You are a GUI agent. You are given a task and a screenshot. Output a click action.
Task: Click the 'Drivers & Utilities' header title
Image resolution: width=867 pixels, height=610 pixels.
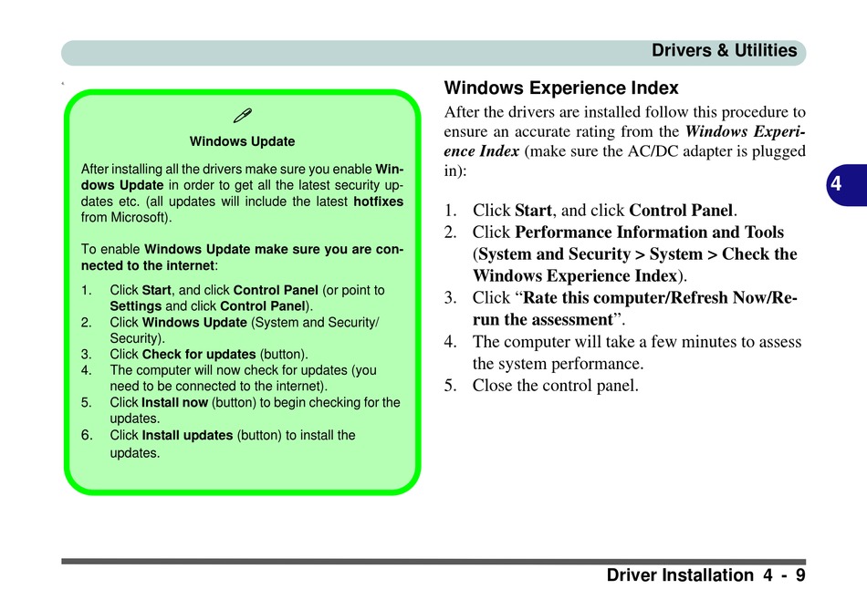[x=724, y=51]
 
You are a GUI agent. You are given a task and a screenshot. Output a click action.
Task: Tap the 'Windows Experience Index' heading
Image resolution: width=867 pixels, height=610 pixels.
[x=561, y=88]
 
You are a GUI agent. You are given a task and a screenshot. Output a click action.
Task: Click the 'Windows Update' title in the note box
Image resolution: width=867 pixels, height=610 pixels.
[x=242, y=141]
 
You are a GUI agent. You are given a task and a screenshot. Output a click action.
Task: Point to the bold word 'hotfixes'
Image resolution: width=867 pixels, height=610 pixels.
[x=378, y=202]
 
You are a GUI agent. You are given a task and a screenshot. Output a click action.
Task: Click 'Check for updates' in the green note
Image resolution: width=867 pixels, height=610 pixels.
[x=199, y=354]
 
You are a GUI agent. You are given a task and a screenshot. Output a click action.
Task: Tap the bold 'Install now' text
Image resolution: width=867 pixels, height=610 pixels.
[x=175, y=402]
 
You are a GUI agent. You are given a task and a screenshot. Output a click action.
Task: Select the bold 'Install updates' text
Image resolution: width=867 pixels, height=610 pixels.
[x=187, y=435]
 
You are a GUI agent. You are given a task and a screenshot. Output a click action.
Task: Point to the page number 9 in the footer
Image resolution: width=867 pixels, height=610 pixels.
[x=799, y=575]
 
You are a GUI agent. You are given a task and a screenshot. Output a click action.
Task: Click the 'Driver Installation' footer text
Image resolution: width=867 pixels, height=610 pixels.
[x=679, y=575]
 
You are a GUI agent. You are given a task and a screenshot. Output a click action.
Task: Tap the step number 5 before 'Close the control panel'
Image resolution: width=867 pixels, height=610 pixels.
[x=449, y=385]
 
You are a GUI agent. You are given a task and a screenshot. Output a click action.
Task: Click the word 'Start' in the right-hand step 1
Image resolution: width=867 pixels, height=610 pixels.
[x=533, y=211]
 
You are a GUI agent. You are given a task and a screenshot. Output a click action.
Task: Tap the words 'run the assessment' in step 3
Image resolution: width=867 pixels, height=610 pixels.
[x=541, y=319]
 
